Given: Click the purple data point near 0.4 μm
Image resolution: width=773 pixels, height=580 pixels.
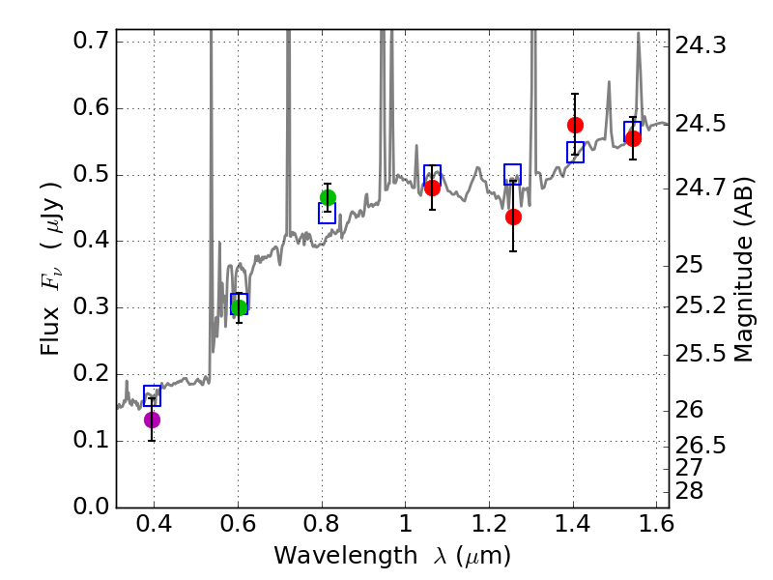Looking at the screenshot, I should (x=152, y=420).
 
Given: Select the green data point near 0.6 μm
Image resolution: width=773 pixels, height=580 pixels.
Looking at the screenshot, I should (x=239, y=307).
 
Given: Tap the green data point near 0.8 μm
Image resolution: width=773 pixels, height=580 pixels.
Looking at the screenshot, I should (x=328, y=197).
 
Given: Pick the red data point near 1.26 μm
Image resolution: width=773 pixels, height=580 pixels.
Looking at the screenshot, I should (x=513, y=217).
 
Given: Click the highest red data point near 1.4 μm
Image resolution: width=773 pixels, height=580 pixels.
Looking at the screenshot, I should (x=575, y=125).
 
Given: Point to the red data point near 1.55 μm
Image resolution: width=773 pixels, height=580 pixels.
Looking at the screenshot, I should (x=633, y=138).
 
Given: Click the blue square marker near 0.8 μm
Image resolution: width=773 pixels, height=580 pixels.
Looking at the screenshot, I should (x=327, y=214).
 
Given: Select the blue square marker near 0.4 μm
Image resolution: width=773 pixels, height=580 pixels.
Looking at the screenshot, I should (x=152, y=395).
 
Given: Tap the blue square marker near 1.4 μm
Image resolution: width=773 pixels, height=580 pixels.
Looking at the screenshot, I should (x=575, y=152).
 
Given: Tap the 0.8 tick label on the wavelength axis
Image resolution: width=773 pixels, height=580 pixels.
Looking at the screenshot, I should (x=322, y=529).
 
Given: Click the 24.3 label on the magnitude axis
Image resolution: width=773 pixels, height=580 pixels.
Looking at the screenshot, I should (x=703, y=45).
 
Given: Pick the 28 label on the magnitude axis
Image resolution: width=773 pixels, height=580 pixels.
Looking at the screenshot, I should (x=692, y=491).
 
